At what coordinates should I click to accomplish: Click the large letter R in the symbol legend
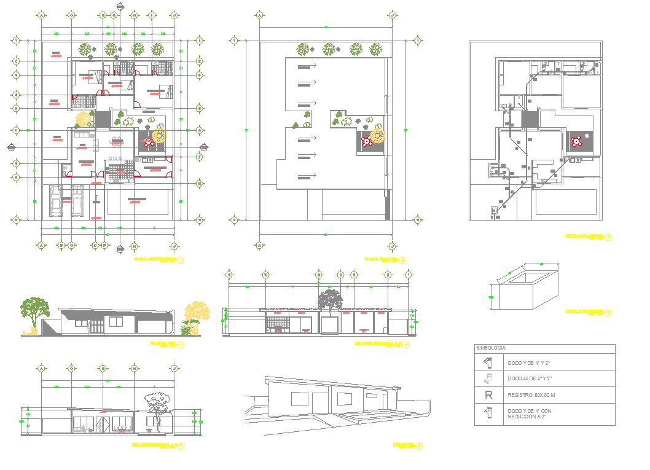(489, 395)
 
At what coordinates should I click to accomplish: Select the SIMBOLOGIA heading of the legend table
(491, 348)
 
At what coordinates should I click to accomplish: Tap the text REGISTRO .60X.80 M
(530, 396)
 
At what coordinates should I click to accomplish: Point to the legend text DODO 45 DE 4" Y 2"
(529, 378)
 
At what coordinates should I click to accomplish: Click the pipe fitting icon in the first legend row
(488, 362)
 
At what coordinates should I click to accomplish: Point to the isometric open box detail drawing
(523, 288)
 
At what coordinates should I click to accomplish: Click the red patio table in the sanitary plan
(576, 142)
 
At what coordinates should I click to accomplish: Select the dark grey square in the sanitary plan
(530, 119)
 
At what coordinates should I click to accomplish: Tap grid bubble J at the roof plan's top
(391, 14)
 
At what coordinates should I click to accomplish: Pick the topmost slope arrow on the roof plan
(307, 66)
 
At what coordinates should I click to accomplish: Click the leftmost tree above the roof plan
(302, 48)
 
